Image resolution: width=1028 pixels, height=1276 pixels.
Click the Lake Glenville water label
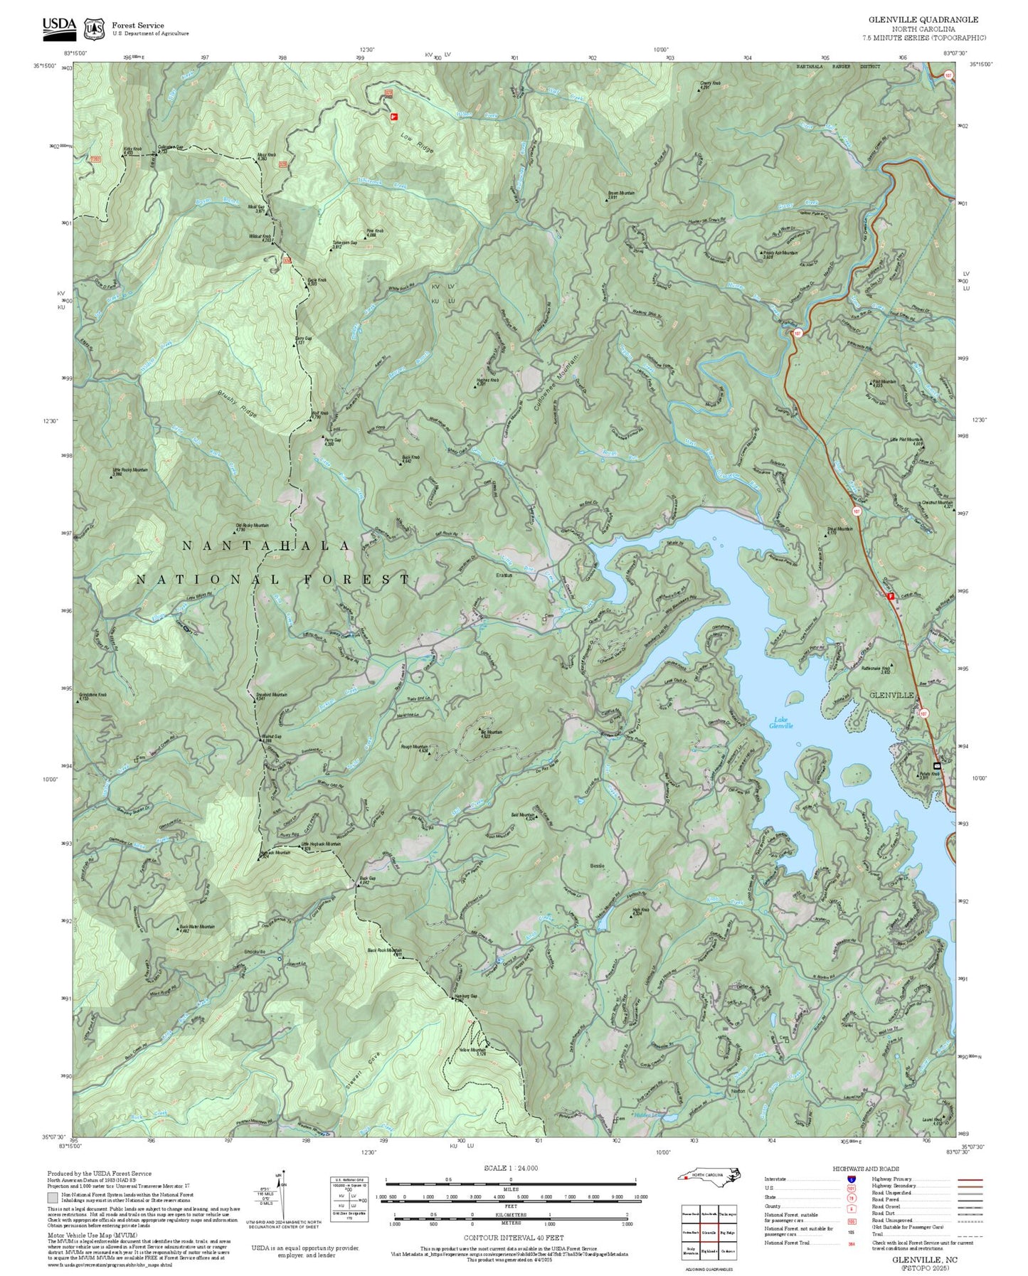pyautogui.click(x=780, y=723)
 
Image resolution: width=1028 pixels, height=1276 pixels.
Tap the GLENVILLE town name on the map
pyautogui.click(x=891, y=694)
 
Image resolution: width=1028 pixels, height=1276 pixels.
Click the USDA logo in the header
pyautogui.click(x=59, y=25)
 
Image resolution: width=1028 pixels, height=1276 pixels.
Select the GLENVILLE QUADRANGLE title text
pyautogui.click(x=923, y=20)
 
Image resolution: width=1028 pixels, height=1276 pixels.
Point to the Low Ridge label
pyautogui.click(x=416, y=144)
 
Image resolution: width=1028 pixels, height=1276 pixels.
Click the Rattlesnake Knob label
pyautogui.click(x=876, y=669)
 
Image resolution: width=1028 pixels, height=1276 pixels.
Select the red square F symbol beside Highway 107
pyautogui.click(x=890, y=596)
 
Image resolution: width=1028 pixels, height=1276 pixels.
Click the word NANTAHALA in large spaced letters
pyautogui.click(x=266, y=546)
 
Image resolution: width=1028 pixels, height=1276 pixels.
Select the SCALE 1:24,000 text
pyautogui.click(x=511, y=1168)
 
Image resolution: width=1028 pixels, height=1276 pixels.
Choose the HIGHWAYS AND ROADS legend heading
pyautogui.click(x=866, y=1169)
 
